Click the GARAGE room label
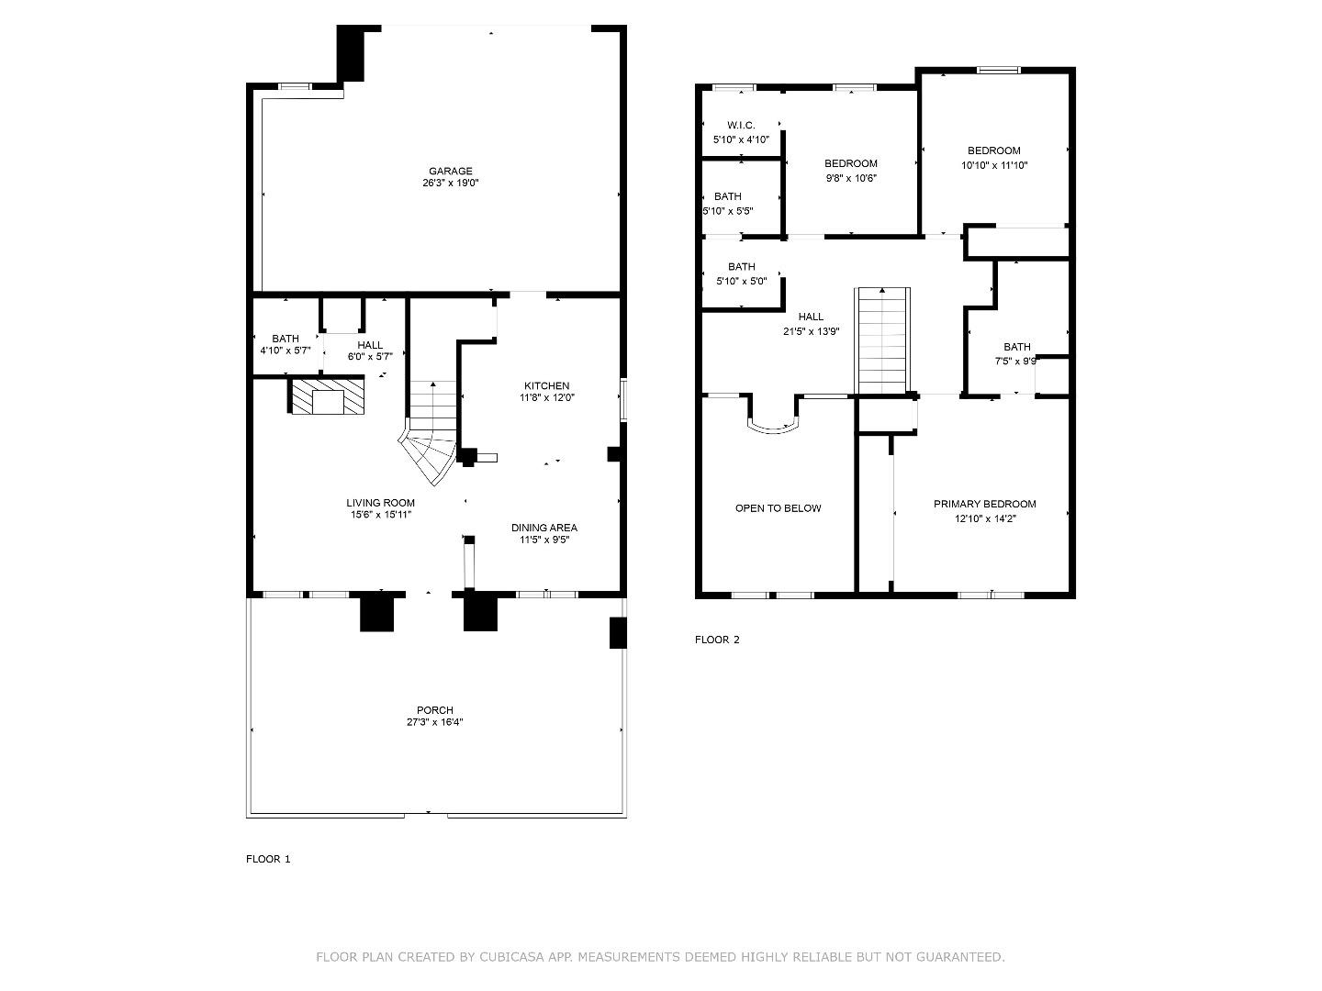450,171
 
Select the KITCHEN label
546,385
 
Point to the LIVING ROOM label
380,503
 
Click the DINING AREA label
543,528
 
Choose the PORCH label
434,710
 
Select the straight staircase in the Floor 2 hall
882,340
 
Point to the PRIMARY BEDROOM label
984,504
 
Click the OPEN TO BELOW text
778,508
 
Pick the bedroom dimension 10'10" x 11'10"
993,166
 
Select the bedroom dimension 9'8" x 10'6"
850,178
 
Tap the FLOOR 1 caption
268,860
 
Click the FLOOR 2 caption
717,640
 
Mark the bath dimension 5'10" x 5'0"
741,282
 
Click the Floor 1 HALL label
370,345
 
